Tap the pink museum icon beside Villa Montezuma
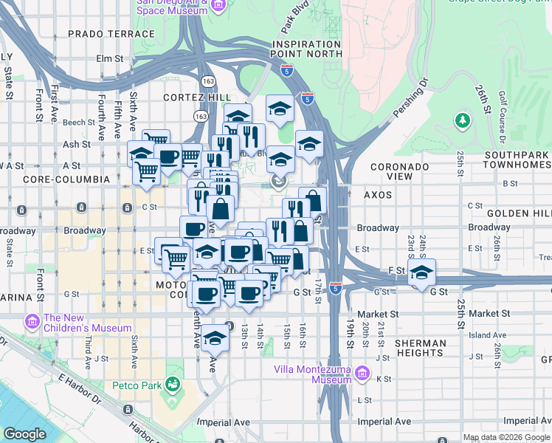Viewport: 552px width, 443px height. (362, 374)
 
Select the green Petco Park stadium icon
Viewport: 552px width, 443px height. (173, 384)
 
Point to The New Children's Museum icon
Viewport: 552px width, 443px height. (31, 323)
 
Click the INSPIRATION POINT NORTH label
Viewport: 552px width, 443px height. (306, 49)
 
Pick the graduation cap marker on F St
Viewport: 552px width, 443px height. (421, 272)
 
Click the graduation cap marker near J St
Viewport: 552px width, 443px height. (215, 338)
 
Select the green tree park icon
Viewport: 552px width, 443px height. (463, 119)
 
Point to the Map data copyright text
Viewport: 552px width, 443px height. (506, 437)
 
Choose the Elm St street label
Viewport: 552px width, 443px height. (108, 58)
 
